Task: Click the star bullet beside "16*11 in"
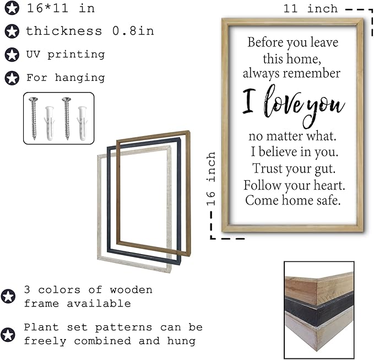(x=12, y=8)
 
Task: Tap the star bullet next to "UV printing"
(x=12, y=55)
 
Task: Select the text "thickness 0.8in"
(x=90, y=31)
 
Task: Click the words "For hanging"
(x=66, y=78)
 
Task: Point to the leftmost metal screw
(x=34, y=118)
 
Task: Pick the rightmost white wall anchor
(x=82, y=123)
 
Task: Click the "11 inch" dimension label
(x=311, y=9)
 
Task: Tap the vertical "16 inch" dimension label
(x=211, y=179)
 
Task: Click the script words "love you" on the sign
(x=304, y=105)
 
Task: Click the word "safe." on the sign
(x=328, y=200)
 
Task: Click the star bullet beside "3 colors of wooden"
(x=8, y=296)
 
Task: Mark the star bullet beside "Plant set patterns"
(x=8, y=335)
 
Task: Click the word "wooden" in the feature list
(x=131, y=290)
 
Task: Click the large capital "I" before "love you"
(x=249, y=100)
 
